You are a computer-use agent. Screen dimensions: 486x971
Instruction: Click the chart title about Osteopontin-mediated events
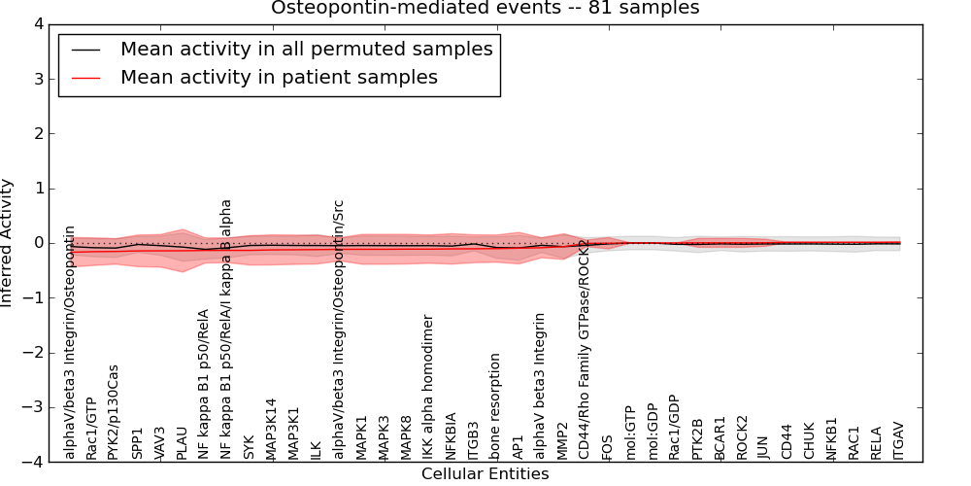pyautogui.click(x=485, y=9)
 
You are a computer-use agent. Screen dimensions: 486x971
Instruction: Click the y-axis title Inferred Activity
pyautogui.click(x=8, y=243)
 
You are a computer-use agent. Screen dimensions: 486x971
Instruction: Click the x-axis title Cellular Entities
pyautogui.click(x=485, y=474)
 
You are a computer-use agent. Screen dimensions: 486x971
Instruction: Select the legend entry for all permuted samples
pyautogui.click(x=306, y=50)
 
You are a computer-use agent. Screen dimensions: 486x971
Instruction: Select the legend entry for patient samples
pyautogui.click(x=279, y=77)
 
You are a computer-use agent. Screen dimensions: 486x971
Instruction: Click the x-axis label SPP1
pyautogui.click(x=137, y=442)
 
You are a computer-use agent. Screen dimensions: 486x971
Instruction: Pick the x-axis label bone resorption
pyautogui.click(x=496, y=406)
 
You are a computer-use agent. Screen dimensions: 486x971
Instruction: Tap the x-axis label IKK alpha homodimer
pyautogui.click(x=428, y=387)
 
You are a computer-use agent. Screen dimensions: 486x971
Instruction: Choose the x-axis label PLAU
pyautogui.click(x=182, y=441)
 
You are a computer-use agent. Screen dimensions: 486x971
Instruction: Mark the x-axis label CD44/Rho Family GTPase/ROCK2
pyautogui.click(x=585, y=348)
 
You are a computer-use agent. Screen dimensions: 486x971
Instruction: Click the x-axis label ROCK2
pyautogui.click(x=742, y=437)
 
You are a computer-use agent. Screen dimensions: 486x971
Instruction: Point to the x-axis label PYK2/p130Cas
pyautogui.click(x=114, y=411)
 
